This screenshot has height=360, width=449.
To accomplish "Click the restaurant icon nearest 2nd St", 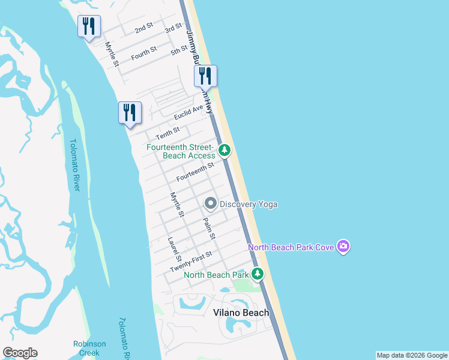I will pos(89,26).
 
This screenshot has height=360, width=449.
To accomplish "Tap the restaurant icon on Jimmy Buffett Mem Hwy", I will pos(205,76).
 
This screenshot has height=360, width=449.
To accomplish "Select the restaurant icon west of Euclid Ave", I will pos(130,112).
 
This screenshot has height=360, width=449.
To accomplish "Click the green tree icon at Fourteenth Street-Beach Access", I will pos(224,150).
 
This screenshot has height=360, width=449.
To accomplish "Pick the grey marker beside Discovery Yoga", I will pos(211,204).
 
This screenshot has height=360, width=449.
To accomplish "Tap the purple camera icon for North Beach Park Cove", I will pos(343,246).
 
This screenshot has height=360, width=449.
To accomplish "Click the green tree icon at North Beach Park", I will pos(258,274).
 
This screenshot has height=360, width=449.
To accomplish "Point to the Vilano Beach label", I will pos(241,313).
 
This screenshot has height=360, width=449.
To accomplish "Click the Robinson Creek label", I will pos(89,348).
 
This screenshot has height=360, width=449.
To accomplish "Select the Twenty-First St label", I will pos(191,261).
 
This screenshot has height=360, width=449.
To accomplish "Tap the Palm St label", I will pos(209,228).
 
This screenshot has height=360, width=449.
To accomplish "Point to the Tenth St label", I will pos(167,131).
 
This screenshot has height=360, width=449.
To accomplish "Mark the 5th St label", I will pos(179,51).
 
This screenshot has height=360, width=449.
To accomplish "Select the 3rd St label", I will pos(173,28).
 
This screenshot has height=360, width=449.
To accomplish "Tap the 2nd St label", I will pos(143,29).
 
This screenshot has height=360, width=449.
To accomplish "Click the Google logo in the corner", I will pos(20,353).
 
